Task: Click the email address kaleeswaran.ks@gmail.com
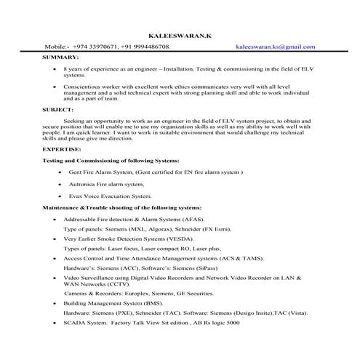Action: [x=276, y=47]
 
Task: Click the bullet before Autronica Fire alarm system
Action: [x=59, y=185]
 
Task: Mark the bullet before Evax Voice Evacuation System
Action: [x=59, y=196]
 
